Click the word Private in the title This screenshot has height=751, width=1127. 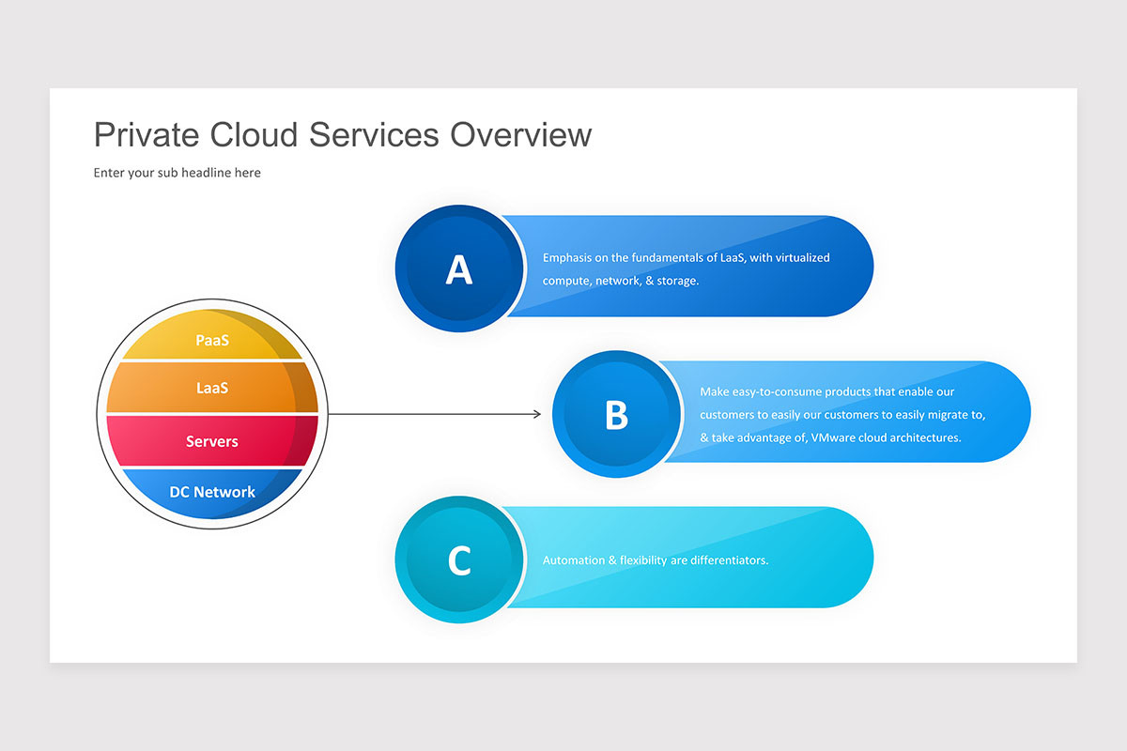pos(147,135)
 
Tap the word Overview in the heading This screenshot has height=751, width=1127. pos(520,135)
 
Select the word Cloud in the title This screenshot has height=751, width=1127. pos(254,135)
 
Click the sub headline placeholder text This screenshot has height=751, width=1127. pos(178,173)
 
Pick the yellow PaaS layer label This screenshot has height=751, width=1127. pos(212,341)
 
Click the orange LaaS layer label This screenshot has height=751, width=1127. pos(212,388)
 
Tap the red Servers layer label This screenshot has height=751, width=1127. pos(212,441)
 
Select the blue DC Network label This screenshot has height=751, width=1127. pos(212,492)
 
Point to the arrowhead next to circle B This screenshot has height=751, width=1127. pos(537,414)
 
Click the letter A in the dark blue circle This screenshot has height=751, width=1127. pos(459,269)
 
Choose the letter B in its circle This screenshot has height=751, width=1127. pos(616,415)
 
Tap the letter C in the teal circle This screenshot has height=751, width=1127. pos(459,559)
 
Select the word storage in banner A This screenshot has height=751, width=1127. pos(678,281)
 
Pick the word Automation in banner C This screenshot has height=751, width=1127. pos(574,560)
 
